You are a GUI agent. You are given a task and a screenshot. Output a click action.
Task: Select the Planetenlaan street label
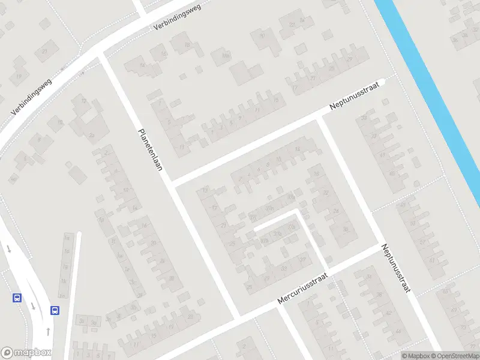point(151,149)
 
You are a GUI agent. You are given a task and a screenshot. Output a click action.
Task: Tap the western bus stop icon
point(16,297)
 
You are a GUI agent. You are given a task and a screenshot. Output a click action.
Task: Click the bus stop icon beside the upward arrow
point(55,310)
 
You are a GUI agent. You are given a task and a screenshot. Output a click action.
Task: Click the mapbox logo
point(26,353)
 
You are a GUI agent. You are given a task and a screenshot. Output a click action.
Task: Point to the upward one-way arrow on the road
point(48,331)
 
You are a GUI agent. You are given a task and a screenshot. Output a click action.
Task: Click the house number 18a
point(226,56)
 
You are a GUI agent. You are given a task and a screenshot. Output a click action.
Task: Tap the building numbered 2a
point(91,136)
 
